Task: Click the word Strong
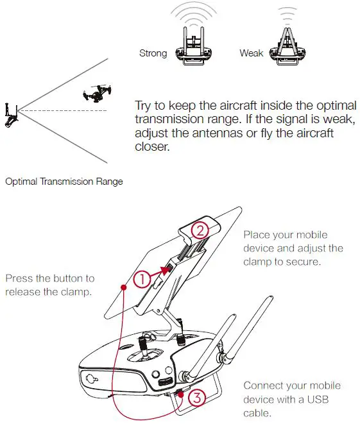click(x=153, y=53)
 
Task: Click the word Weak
click(x=252, y=53)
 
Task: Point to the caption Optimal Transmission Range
click(x=64, y=182)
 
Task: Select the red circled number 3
click(x=197, y=398)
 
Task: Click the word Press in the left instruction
click(x=19, y=279)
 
